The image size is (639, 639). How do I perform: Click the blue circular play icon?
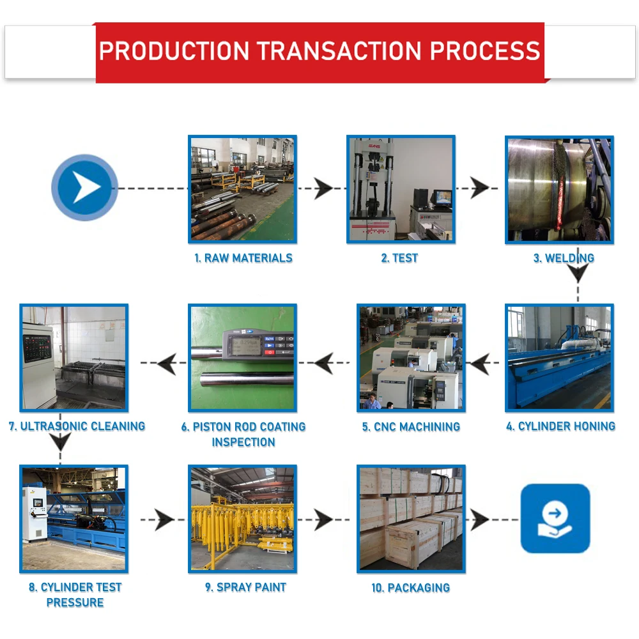coord(84,188)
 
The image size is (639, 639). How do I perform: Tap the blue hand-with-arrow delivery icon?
coord(555,518)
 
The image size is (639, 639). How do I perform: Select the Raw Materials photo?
coord(243,189)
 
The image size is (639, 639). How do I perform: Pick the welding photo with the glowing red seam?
coord(559,189)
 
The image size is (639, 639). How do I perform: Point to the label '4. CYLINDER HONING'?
coord(560,426)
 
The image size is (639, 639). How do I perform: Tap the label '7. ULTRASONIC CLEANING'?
coord(77,426)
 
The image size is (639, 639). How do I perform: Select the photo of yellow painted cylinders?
coord(243,518)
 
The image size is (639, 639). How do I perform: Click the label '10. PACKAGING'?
coord(411,587)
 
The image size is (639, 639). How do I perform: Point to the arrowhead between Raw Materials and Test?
coord(323,189)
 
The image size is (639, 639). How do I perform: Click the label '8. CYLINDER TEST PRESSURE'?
coord(75,594)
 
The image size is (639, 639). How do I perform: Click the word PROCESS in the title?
coord(485,51)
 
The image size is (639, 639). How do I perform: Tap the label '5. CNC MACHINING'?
coord(411,427)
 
